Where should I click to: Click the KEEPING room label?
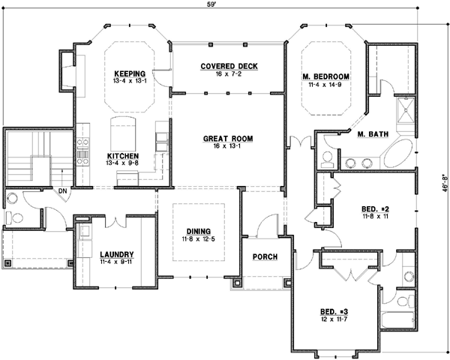(129, 73)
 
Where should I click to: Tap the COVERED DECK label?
(229, 67)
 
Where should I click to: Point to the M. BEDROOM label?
(326, 77)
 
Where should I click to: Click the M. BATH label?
(372, 134)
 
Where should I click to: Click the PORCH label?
(265, 257)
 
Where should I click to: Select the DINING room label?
(199, 231)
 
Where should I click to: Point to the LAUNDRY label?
(116, 254)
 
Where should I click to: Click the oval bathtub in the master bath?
(397, 152)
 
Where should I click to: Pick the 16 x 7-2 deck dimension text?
(229, 74)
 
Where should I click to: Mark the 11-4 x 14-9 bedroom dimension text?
(326, 85)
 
